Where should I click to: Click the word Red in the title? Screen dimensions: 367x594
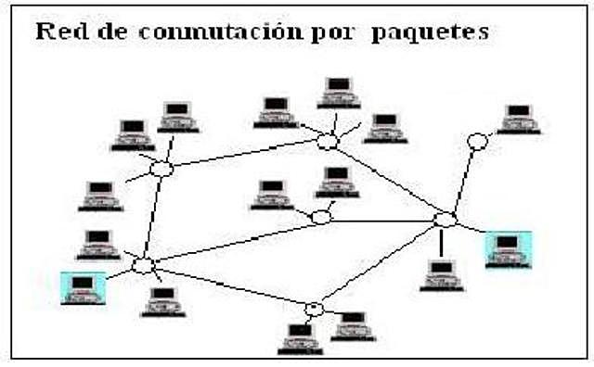[58, 32]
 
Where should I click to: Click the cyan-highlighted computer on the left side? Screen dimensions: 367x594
[83, 286]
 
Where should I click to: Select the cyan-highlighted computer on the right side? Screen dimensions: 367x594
[508, 249]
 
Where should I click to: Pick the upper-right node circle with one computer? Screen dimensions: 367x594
[477, 141]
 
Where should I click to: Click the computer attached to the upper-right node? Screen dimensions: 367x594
[518, 119]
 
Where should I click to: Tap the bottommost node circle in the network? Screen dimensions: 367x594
[315, 309]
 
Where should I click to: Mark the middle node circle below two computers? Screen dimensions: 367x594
[321, 217]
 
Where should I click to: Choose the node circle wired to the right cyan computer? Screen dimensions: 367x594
[445, 220]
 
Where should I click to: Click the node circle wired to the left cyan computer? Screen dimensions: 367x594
[142, 266]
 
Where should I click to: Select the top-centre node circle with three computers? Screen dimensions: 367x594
[327, 142]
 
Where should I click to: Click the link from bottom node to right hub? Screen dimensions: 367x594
[381, 264]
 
